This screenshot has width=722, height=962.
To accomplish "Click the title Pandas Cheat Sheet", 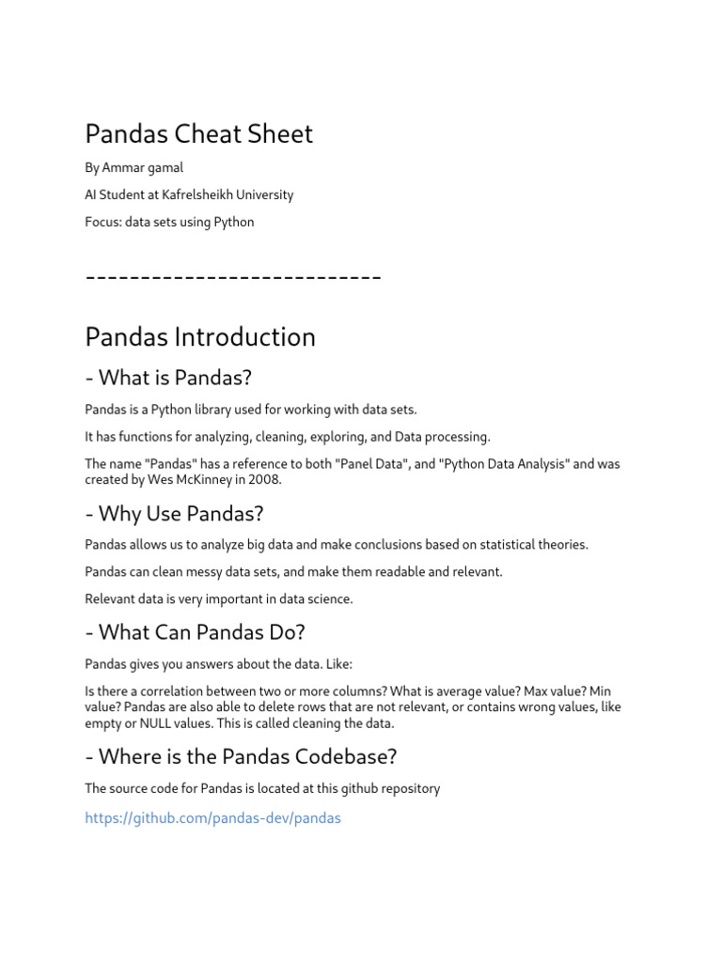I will pyautogui.click(x=198, y=134).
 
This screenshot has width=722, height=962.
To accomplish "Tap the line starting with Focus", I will pyautogui.click(x=169, y=223).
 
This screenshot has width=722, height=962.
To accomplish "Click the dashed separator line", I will pyautogui.click(x=232, y=277).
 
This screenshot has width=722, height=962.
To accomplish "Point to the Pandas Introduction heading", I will pyautogui.click(x=200, y=337).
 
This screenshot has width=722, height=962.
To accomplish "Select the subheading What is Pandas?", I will pyautogui.click(x=168, y=379).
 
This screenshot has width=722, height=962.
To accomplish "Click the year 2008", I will pyautogui.click(x=263, y=480).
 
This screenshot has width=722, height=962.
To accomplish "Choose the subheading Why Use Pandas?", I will pyautogui.click(x=174, y=514).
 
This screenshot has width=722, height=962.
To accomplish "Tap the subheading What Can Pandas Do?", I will pyautogui.click(x=195, y=633).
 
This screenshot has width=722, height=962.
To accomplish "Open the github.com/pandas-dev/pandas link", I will pyautogui.click(x=212, y=818).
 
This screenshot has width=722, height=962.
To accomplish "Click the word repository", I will pyautogui.click(x=406, y=789).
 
